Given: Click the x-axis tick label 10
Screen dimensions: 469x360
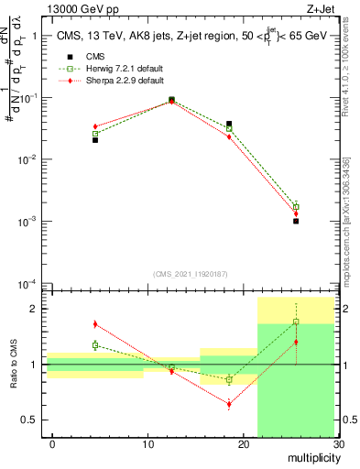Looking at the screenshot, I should (x=148, y=444).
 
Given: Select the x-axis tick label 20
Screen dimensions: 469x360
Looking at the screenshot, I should (x=244, y=444).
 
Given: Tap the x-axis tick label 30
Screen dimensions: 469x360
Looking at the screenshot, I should (x=337, y=444).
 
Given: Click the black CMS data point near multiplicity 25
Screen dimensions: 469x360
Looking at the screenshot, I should (x=296, y=221).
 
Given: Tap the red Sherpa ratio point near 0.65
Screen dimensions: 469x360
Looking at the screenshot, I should (x=229, y=404).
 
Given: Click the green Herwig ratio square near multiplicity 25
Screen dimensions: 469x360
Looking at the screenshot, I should (x=296, y=322).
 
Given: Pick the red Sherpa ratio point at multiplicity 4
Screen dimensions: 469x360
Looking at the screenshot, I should (x=95, y=323).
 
